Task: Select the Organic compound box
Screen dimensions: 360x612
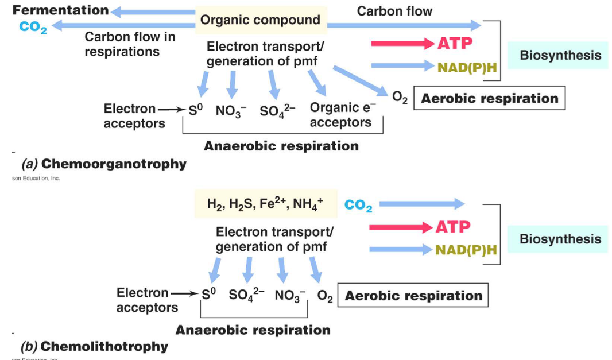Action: click(260, 20)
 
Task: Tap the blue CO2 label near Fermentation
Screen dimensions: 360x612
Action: click(33, 26)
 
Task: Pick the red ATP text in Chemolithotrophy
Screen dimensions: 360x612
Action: click(453, 227)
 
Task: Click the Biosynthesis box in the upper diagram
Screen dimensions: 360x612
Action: click(560, 56)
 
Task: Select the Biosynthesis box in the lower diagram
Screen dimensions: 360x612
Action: click(560, 239)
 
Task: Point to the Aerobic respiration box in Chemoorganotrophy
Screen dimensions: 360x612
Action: click(489, 98)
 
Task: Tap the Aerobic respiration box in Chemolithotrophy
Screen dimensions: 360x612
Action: click(413, 296)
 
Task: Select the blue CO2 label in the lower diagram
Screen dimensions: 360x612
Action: click(358, 205)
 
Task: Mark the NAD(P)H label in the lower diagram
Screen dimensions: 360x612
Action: click(466, 250)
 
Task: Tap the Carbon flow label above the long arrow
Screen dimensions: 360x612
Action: click(394, 11)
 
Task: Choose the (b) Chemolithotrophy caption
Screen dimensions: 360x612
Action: click(94, 347)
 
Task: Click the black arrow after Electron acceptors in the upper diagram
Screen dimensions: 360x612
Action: click(171, 109)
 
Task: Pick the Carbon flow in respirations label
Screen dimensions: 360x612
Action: click(122, 44)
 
